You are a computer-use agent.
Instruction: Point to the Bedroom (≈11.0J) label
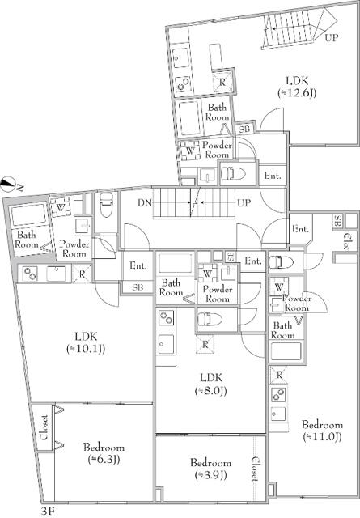pos(331,431)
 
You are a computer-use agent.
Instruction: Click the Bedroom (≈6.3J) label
pos(103,453)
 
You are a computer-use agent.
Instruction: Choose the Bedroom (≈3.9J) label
pos(210,469)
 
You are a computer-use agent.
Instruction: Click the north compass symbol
pos(8,184)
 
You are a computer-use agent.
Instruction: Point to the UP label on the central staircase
pos(242,202)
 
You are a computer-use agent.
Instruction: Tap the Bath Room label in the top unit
pos(217,112)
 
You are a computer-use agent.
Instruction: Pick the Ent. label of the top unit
pos(273,176)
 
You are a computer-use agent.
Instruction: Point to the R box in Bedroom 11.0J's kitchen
pos(279,375)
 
